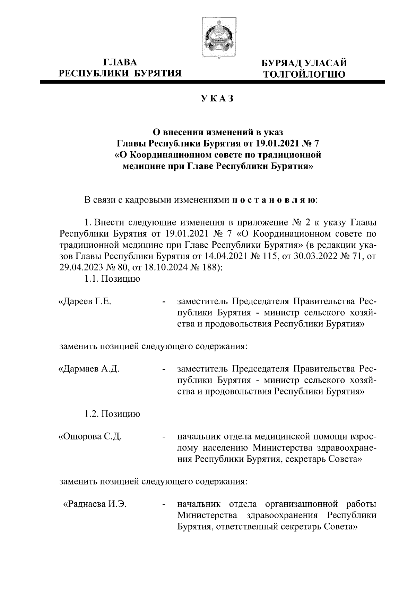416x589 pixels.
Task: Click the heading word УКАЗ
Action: [x=217, y=99]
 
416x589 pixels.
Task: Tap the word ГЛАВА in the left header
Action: [x=120, y=62]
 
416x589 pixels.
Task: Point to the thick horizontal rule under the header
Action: [x=213, y=83]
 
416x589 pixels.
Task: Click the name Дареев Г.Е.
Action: [x=85, y=301]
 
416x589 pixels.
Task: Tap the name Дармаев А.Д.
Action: [x=89, y=368]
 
